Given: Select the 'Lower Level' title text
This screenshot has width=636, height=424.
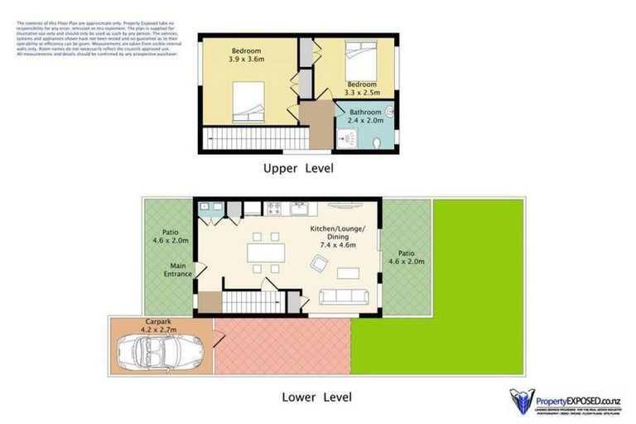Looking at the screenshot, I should coord(316,397).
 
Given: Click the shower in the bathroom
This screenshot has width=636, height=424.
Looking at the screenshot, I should coord(345,139).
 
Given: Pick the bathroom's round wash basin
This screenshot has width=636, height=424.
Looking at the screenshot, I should coord(388,108).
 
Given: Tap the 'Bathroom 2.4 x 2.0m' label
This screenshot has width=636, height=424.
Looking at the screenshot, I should coord(365,116).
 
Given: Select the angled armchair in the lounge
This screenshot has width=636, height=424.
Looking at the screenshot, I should coord(318,264).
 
